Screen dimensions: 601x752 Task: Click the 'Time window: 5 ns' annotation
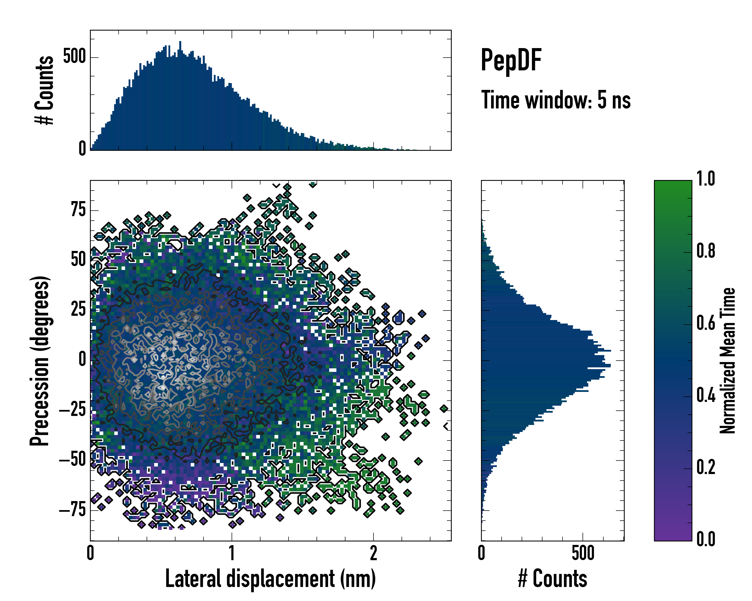[556, 100]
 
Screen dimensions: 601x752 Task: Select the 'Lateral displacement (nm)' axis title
[270, 579]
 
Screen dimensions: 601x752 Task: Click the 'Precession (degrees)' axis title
[39, 361]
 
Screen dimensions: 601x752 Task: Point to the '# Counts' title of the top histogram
[44, 90]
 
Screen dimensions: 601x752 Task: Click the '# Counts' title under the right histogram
[552, 579]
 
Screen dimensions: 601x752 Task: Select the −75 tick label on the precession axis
[72, 510]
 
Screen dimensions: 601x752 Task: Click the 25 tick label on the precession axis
[78, 310]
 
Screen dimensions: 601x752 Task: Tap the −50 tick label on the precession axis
[72, 460]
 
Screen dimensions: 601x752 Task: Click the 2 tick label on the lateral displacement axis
[373, 553]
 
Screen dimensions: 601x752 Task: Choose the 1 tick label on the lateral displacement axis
[232, 553]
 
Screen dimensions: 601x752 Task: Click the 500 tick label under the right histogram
[583, 553]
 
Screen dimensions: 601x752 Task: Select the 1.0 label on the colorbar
[706, 179]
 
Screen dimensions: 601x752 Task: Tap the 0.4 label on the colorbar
[706, 396]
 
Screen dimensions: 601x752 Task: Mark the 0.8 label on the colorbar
[706, 251]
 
